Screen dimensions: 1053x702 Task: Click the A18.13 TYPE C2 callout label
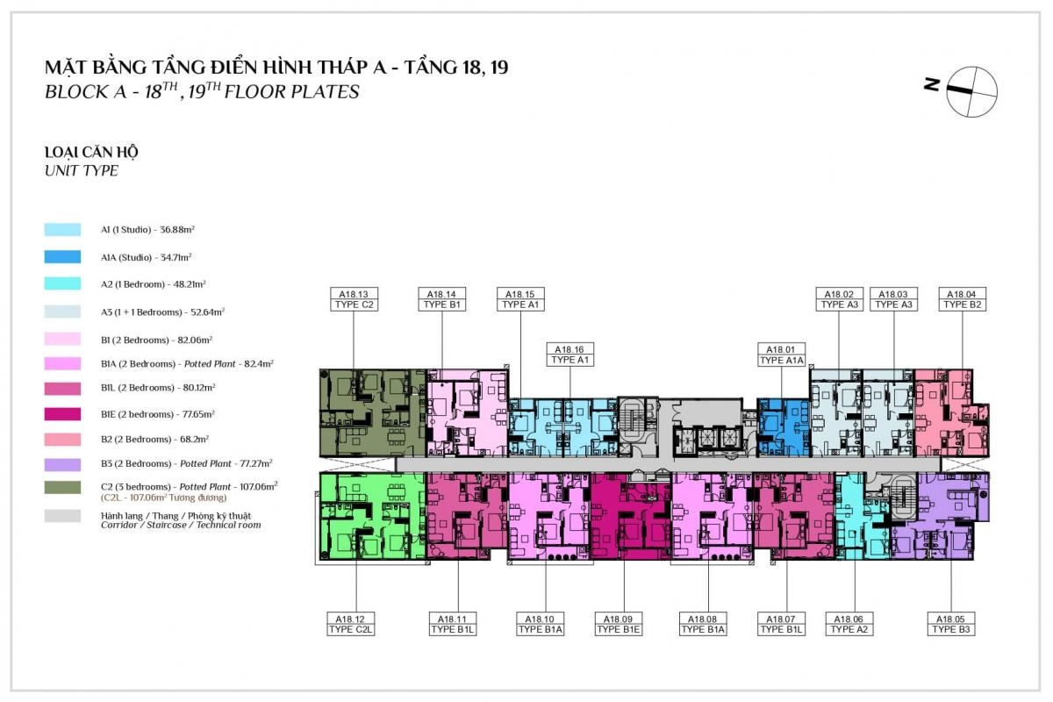(354, 299)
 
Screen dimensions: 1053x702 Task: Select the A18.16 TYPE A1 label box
(569, 355)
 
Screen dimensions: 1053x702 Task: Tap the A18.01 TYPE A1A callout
(781, 355)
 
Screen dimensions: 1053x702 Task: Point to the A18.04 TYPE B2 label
(963, 299)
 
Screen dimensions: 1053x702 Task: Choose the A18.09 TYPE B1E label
(618, 624)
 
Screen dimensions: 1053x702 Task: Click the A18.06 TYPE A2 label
(849, 624)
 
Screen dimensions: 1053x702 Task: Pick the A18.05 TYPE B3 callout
(951, 624)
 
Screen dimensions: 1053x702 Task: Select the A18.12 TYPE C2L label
(351, 624)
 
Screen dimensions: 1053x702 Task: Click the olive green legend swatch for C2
(62, 487)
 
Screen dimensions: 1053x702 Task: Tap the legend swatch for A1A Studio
(62, 257)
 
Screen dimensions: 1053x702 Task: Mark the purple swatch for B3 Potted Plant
(62, 464)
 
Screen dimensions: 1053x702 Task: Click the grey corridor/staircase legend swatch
(62, 516)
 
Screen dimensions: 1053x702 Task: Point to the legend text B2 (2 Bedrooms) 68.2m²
(154, 439)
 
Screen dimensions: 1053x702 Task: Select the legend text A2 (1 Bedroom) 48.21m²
(154, 284)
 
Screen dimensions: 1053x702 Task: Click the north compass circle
(971, 91)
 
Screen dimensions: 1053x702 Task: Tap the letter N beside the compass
(932, 84)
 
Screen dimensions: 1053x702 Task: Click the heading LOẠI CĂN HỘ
(91, 153)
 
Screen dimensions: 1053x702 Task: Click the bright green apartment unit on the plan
(372, 516)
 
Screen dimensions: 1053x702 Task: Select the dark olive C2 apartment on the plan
(372, 412)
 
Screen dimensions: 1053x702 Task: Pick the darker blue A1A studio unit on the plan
(783, 428)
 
